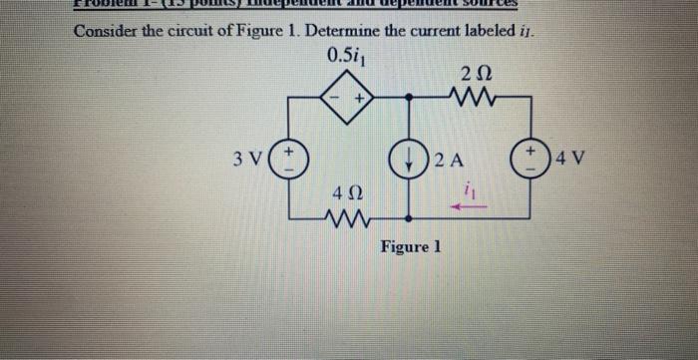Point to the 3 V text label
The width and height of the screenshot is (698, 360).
[248, 159]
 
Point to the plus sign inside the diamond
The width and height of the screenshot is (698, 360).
[360, 100]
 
